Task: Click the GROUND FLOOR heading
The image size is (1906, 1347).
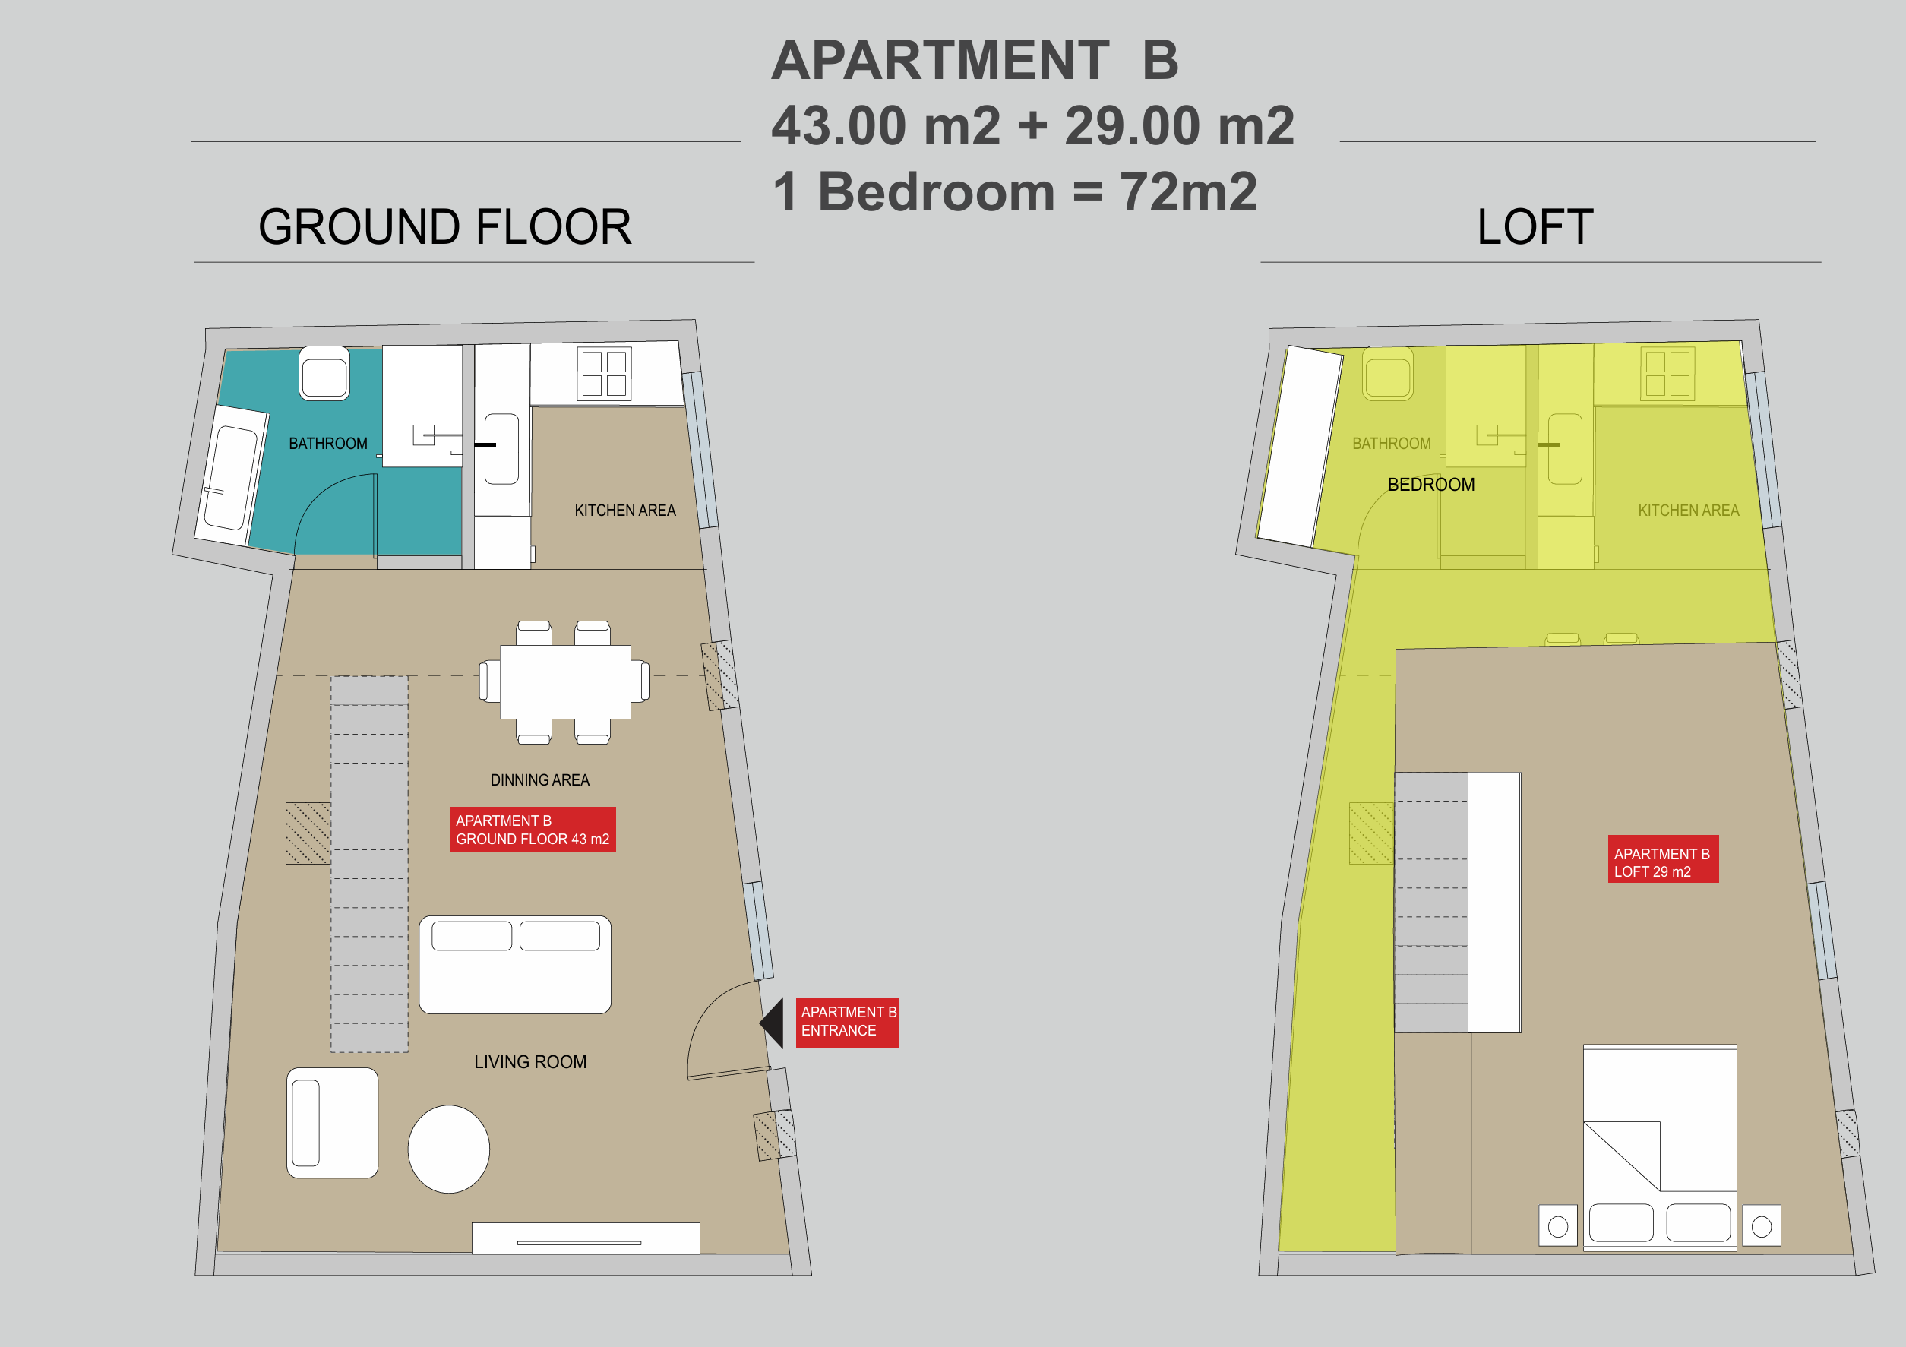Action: pos(445,226)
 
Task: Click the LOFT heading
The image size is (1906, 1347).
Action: pos(1535,226)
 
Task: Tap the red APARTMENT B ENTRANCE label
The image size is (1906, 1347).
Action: pos(848,1023)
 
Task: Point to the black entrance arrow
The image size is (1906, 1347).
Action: pos(772,1023)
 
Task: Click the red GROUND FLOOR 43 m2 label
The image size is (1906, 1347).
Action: pos(533,830)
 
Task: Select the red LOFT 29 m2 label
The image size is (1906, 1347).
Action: pos(1663,858)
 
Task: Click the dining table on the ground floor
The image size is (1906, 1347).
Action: pos(565,681)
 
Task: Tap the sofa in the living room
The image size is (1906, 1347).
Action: pos(515,964)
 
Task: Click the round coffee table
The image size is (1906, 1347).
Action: pos(448,1149)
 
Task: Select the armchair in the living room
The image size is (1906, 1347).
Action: pos(332,1123)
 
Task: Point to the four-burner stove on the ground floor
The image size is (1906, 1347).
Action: pos(605,374)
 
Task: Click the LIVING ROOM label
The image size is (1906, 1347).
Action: pos(530,1062)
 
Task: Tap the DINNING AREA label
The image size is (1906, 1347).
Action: pos(539,779)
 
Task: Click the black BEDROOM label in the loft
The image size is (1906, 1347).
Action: pos(1431,484)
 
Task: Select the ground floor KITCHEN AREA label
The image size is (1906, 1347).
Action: pos(625,510)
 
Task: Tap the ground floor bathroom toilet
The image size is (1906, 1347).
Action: pos(324,374)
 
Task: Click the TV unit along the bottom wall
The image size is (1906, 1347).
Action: pos(586,1238)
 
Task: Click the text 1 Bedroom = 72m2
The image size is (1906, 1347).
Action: pos(1014,192)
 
